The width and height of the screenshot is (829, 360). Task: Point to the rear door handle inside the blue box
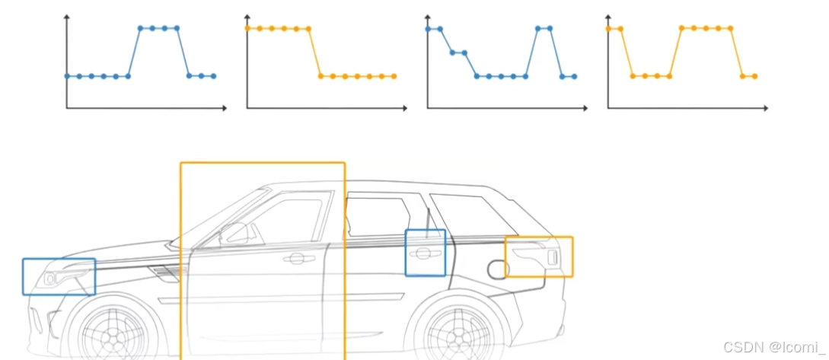click(424, 253)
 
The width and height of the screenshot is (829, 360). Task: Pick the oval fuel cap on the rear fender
click(496, 269)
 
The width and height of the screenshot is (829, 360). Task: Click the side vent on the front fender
click(165, 271)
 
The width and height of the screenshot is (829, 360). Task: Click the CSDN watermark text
click(771, 347)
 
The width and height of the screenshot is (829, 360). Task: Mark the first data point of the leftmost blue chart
click(67, 76)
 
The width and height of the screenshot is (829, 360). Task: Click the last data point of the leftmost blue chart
click(214, 76)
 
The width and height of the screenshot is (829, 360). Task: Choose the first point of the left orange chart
click(247, 28)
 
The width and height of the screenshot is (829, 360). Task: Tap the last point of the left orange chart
click(394, 76)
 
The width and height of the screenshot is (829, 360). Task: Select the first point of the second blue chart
click(428, 29)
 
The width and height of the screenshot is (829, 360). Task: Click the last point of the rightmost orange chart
click(754, 76)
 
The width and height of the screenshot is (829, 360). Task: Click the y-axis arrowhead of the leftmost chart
click(67, 17)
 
